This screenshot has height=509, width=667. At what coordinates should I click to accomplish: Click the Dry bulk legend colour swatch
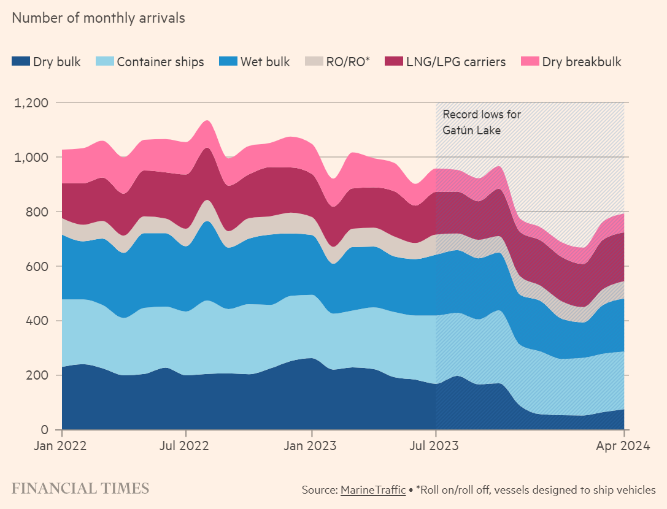click(x=21, y=61)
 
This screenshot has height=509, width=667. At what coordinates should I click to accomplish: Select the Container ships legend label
click(x=160, y=62)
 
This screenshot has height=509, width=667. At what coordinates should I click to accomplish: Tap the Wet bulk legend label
click(x=265, y=62)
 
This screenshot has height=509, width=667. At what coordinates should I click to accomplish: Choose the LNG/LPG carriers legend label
click(x=455, y=62)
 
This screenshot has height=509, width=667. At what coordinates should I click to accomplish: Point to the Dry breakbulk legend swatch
click(x=530, y=61)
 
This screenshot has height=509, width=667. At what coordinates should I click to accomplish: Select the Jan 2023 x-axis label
click(x=312, y=446)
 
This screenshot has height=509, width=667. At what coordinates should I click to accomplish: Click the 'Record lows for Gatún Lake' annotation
click(x=473, y=122)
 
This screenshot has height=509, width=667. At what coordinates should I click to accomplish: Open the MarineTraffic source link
click(x=372, y=490)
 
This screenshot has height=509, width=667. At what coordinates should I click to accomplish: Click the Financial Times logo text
click(x=80, y=489)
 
